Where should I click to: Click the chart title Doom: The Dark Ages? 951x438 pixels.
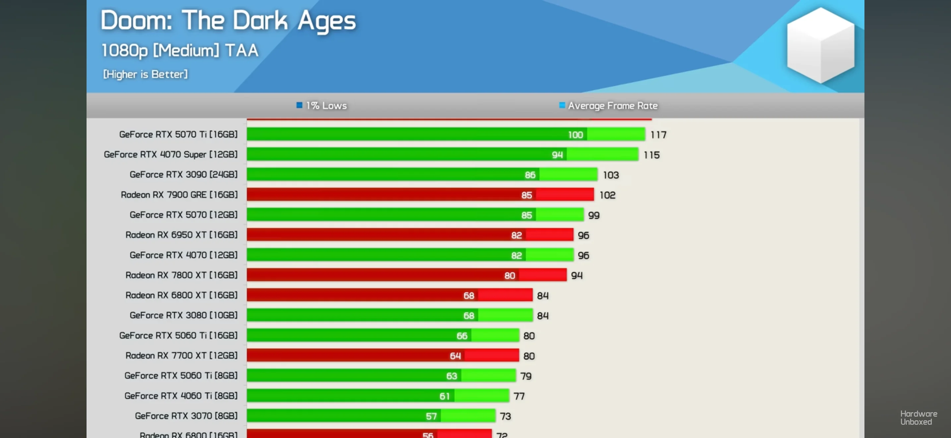click(228, 21)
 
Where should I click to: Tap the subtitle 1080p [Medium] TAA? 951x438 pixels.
click(180, 50)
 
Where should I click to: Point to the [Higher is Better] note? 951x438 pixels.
click(145, 74)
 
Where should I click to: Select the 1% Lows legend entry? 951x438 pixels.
click(322, 106)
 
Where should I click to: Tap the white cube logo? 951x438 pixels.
click(820, 45)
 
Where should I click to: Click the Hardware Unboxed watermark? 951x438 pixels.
click(918, 418)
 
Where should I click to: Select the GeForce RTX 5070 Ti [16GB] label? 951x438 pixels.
click(178, 134)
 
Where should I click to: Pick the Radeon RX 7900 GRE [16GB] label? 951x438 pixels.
click(179, 195)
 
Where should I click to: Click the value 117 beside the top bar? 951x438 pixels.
click(658, 135)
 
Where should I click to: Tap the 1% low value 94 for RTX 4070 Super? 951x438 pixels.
click(557, 155)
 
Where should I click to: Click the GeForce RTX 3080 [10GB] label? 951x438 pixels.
click(183, 315)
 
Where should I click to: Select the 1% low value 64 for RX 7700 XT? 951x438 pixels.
click(455, 356)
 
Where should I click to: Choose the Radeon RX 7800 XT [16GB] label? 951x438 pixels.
click(181, 275)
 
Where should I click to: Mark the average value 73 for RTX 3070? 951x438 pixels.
click(505, 416)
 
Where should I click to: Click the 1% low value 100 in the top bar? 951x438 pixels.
click(575, 135)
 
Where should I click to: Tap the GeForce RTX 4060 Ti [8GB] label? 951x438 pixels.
click(181, 396)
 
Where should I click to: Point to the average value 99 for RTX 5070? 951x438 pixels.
click(594, 215)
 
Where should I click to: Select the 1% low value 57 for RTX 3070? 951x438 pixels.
click(431, 416)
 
